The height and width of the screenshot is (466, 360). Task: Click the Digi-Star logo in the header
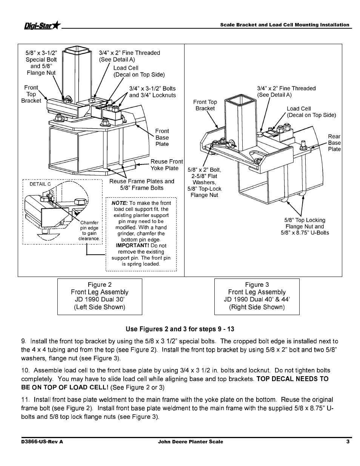tap(42, 25)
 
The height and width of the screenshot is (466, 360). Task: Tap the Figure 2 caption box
tap(100, 296)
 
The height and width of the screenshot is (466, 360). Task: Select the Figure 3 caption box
tap(257, 296)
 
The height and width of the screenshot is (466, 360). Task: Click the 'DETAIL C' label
tap(40, 184)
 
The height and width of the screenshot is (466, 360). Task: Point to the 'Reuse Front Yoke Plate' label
tap(166, 165)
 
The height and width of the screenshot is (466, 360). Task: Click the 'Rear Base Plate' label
tap(334, 143)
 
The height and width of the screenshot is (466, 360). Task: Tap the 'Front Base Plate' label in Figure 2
tap(162, 137)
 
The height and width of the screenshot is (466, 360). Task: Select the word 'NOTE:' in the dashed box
tap(120, 203)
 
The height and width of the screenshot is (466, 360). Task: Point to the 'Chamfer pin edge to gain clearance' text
tap(89, 231)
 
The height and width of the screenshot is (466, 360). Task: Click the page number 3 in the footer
tap(348, 442)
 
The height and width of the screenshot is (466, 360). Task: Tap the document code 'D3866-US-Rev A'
tap(42, 442)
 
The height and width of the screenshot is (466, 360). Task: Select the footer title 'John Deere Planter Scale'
tap(190, 442)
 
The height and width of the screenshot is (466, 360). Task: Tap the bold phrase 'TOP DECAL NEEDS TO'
tap(292, 379)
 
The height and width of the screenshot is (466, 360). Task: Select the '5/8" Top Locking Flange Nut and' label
tap(305, 223)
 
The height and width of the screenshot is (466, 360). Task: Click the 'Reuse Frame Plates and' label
tap(142, 181)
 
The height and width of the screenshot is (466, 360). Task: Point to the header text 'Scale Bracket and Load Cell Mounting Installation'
tap(285, 25)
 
